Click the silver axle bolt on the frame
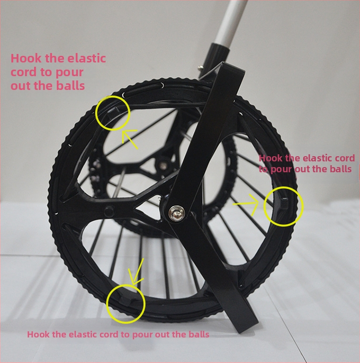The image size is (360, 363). pyautogui.click(x=177, y=213)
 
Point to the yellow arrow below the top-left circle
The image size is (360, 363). pyautogui.click(x=130, y=139)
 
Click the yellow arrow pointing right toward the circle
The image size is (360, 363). pyautogui.click(x=245, y=204)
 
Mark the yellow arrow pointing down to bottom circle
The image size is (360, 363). pyautogui.click(x=137, y=272)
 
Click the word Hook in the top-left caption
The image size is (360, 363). pyautogui.click(x=26, y=58)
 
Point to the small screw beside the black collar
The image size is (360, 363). pyautogui.click(x=201, y=67)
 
